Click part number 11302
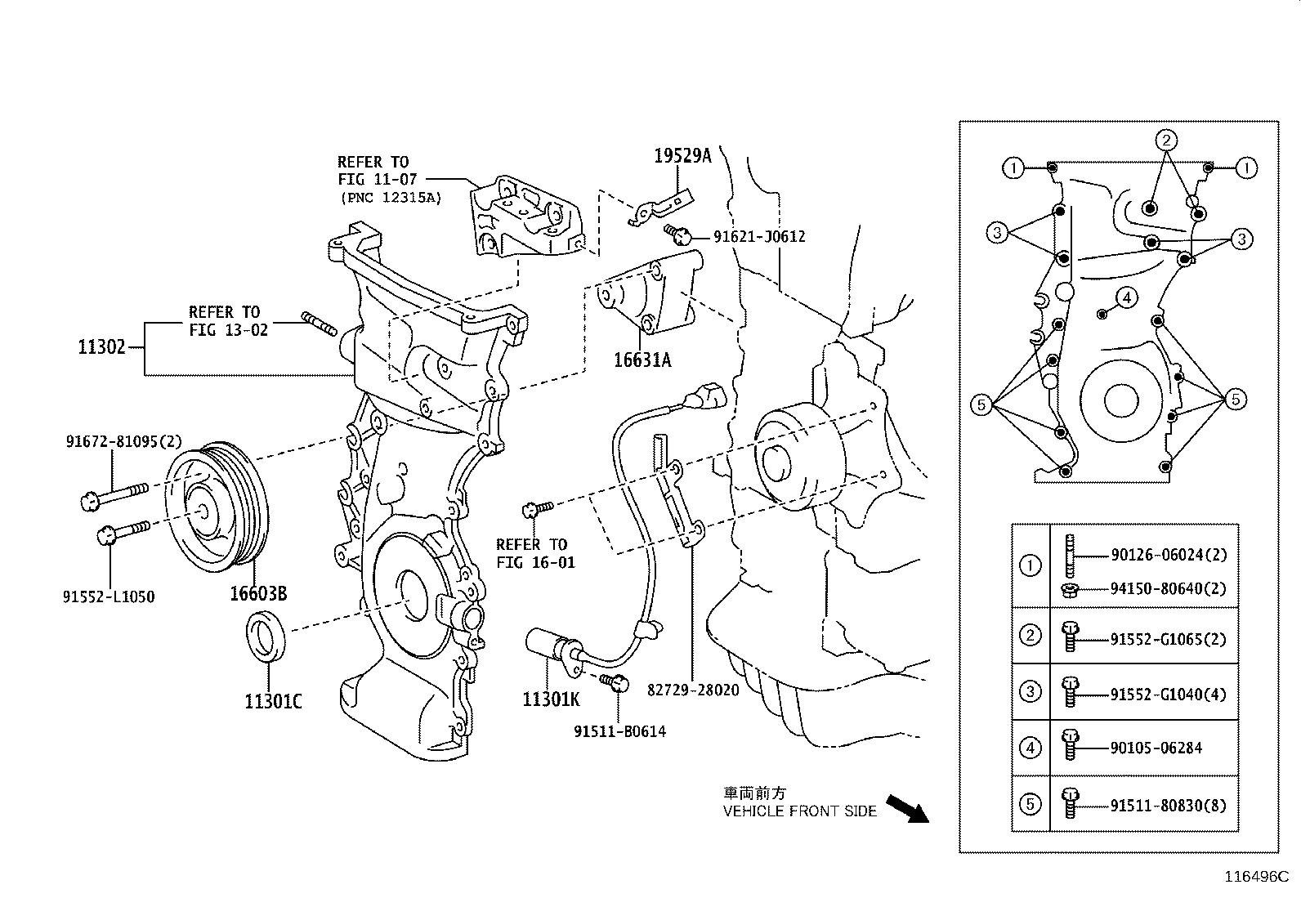pyautogui.click(x=101, y=347)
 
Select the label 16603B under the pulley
pyautogui.click(x=257, y=593)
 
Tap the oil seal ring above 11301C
pyautogui.click(x=267, y=633)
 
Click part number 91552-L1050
pyautogui.click(x=109, y=597)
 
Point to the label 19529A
pyautogui.click(x=682, y=155)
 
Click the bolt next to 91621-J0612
pyautogui.click(x=678, y=235)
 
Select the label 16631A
pyautogui.click(x=642, y=360)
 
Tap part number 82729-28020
pyautogui.click(x=693, y=690)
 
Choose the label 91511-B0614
pyautogui.click(x=619, y=732)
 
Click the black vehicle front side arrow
pyautogui.click(x=908, y=808)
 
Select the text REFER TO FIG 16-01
pyautogui.click(x=535, y=553)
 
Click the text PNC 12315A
pyautogui.click(x=390, y=198)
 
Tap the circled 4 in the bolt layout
pyautogui.click(x=1126, y=298)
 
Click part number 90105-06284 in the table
pyautogui.click(x=1156, y=748)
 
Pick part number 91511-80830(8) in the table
pyautogui.click(x=1168, y=805)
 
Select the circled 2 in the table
pyautogui.click(x=1031, y=636)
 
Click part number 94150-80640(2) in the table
pyautogui.click(x=1168, y=588)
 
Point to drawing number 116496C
pyautogui.click(x=1254, y=878)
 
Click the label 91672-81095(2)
pyautogui.click(x=124, y=442)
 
